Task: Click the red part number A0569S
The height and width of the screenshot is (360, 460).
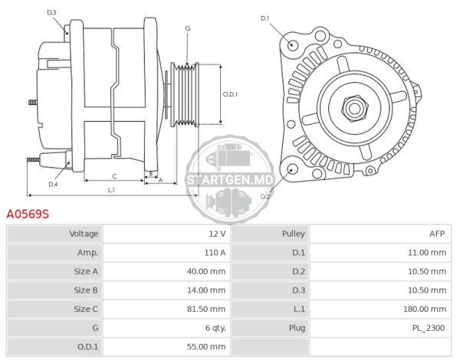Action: pos(28,214)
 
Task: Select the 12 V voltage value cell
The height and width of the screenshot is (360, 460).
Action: pos(217,234)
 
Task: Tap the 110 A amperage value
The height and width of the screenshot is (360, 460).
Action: pos(215,253)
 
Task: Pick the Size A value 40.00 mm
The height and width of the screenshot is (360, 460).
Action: pos(206,271)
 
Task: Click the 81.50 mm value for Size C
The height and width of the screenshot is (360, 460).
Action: pos(206,309)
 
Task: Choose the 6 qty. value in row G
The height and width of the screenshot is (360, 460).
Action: pos(215,328)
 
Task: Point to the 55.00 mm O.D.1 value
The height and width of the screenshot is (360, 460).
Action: pos(206,346)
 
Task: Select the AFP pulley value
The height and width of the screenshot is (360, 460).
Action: pos(437,234)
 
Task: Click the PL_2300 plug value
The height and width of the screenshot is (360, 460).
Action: pos(429,328)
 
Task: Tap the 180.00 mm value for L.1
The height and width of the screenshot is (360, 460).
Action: pos(425,309)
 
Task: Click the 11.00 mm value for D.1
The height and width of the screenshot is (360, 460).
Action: pos(427,253)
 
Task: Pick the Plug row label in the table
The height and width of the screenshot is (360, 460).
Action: pos(297,328)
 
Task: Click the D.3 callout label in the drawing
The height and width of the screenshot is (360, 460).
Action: pos(51,12)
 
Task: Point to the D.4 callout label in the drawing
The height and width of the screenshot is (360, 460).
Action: pos(53,185)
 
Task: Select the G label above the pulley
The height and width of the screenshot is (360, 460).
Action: pos(188,28)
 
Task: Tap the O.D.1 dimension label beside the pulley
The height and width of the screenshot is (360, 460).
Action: pos(230,94)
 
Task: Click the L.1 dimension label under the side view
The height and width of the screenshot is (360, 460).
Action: pos(111,190)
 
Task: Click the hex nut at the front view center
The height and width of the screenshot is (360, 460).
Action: pos(354,108)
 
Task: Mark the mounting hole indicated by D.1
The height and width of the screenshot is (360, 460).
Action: pos(291,45)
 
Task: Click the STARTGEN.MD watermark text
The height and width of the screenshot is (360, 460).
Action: pos(230,180)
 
